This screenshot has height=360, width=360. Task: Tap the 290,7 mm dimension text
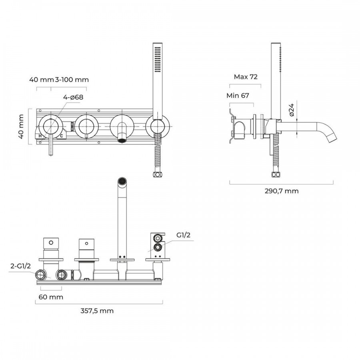[x=282, y=191]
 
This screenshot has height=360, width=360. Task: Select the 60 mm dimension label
[x=50, y=297]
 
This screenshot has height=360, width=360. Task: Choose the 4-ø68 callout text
[x=73, y=97]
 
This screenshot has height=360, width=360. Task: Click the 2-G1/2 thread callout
[x=21, y=265]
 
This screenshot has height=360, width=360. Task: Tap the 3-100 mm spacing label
[x=72, y=80]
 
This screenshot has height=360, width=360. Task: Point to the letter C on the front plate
[x=62, y=136]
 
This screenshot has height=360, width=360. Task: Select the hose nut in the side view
[x=275, y=174]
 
